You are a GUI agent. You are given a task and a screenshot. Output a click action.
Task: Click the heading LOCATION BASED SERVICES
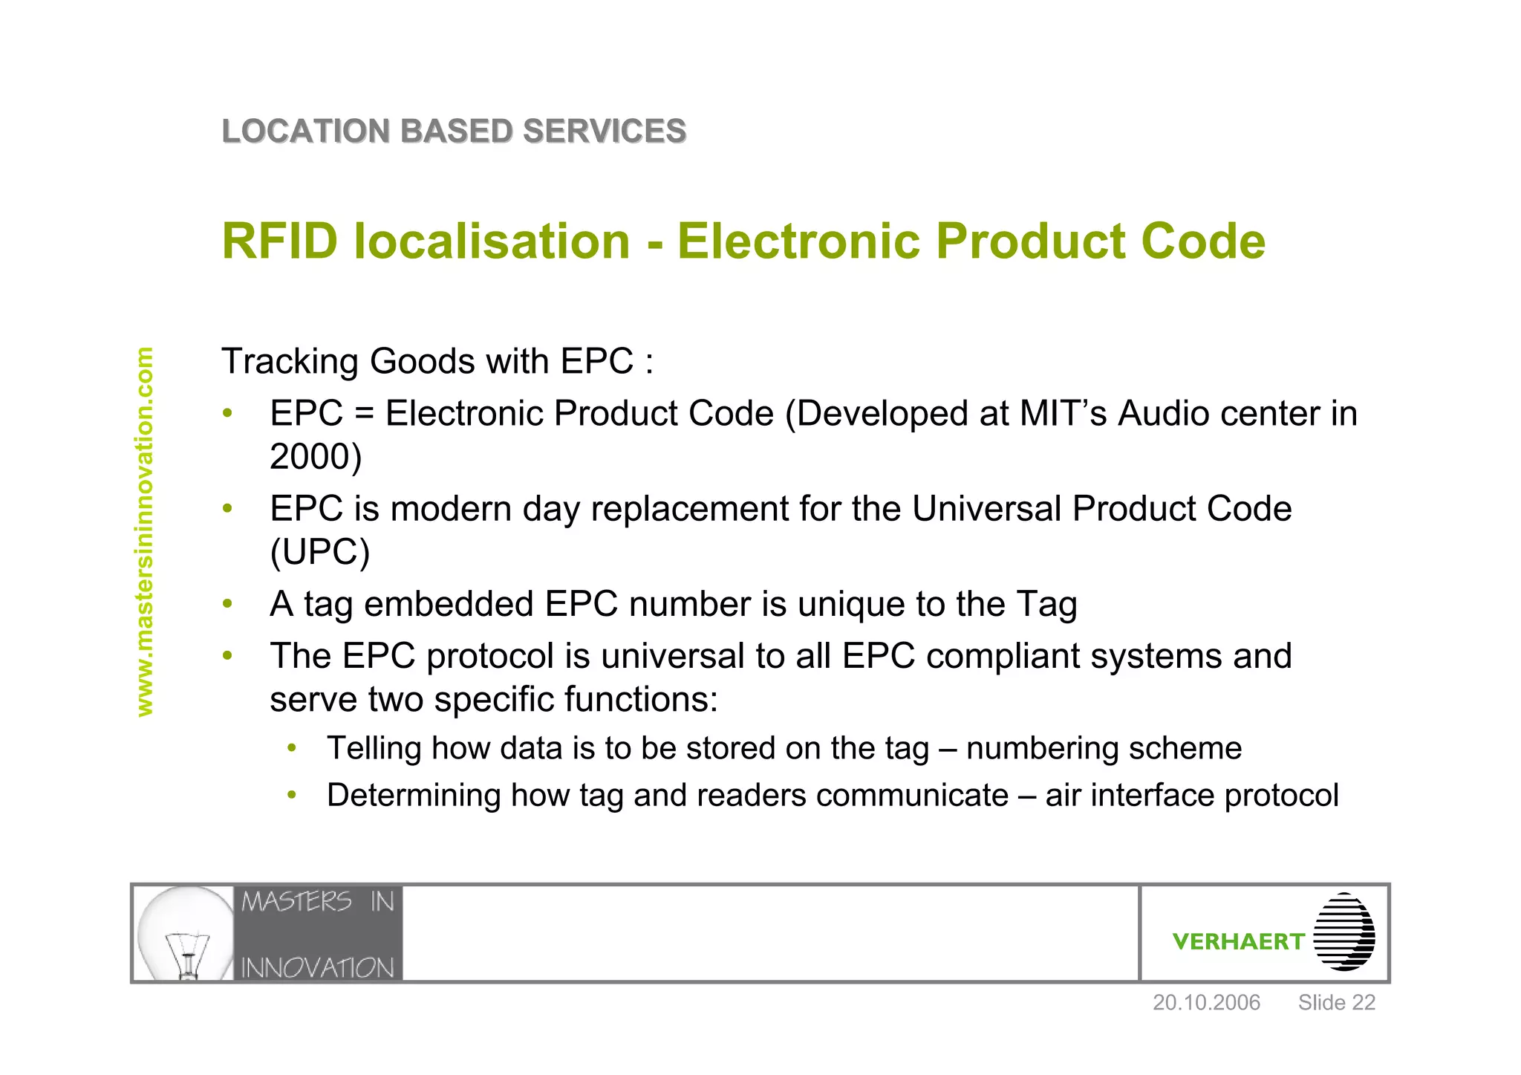pyautogui.click(x=454, y=131)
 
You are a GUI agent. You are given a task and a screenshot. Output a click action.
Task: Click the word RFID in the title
pyautogui.click(x=280, y=241)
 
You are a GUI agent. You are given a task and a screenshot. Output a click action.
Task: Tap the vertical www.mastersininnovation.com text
pyautogui.click(x=145, y=531)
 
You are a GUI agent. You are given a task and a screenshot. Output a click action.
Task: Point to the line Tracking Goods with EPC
pyautogui.click(x=437, y=362)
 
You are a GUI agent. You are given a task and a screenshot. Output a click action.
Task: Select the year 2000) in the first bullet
pyautogui.click(x=316, y=457)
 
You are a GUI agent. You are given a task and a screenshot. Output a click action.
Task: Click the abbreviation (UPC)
pyautogui.click(x=319, y=552)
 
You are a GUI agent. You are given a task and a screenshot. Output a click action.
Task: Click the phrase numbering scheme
pyautogui.click(x=1104, y=749)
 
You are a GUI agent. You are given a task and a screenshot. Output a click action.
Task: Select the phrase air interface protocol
pyautogui.click(x=1191, y=796)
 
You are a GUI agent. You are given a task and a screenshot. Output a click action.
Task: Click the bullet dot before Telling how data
pyautogui.click(x=293, y=747)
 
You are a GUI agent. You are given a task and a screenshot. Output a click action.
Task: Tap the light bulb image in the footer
pyautogui.click(x=186, y=934)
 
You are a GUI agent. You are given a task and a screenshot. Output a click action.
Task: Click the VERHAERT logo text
pyautogui.click(x=1238, y=942)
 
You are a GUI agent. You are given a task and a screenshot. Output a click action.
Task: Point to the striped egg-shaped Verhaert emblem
pyautogui.click(x=1344, y=932)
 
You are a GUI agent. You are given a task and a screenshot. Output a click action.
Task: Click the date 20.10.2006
pyautogui.click(x=1206, y=1003)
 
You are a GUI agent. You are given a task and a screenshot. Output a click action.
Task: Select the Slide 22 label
pyautogui.click(x=1336, y=1003)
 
